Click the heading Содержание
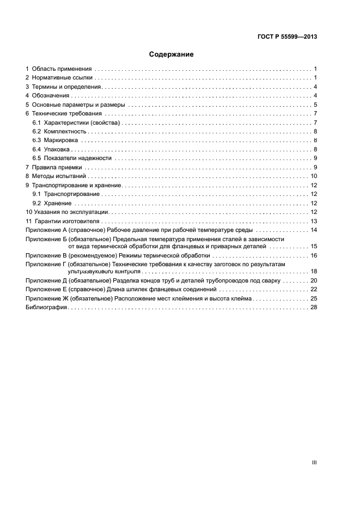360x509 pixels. tap(172, 54)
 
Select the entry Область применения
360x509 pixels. tap(63, 69)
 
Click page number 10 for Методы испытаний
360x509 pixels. tap(314, 176)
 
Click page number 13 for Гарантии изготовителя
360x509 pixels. tap(314, 221)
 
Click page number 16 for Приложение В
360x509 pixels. tap(314, 255)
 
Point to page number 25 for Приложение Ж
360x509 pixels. tap(314, 298)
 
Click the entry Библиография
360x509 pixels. tap(46, 308)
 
